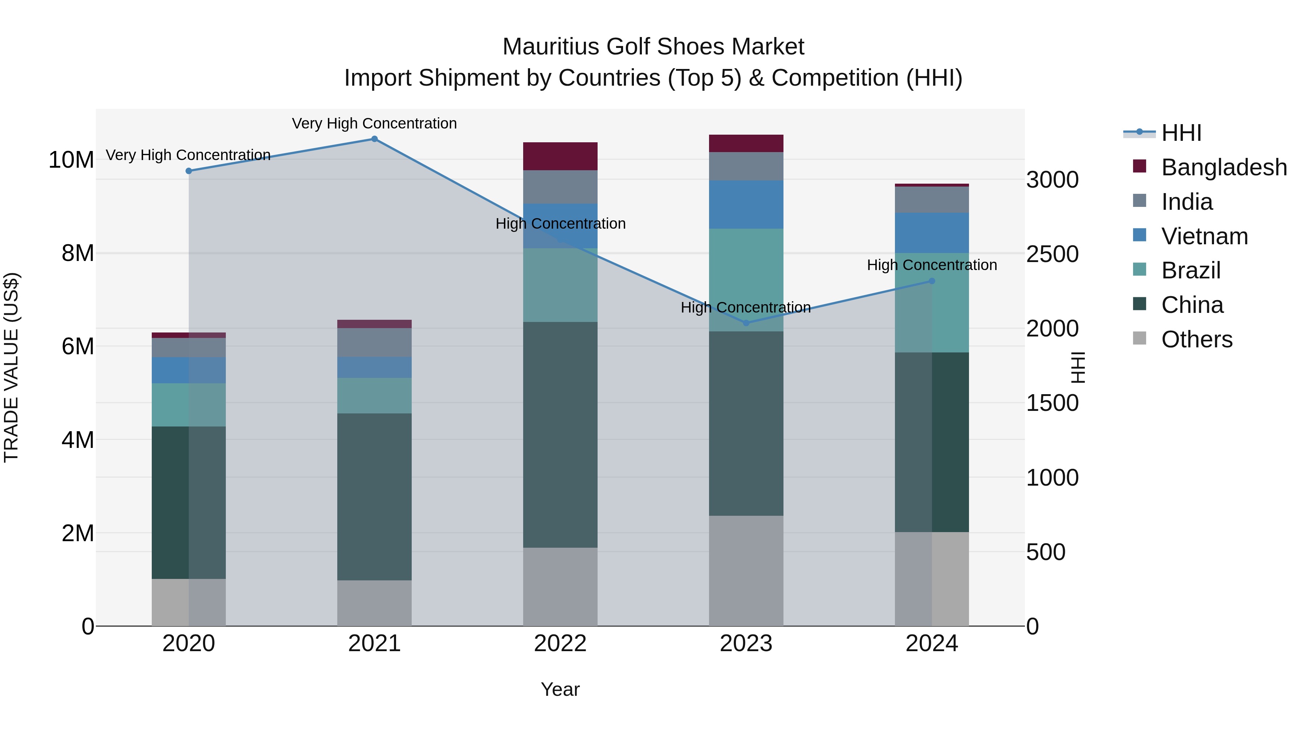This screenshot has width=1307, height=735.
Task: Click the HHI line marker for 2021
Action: pos(374,139)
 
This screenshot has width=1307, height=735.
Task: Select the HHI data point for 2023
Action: pos(746,323)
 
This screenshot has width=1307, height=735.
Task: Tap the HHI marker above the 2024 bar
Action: pos(932,281)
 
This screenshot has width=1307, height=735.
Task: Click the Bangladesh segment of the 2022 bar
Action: pos(560,156)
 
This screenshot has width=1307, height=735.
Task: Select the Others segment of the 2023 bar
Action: pos(746,571)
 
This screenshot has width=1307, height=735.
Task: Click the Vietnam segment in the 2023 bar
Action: pos(746,204)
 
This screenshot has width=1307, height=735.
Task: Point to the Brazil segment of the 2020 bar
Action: pos(189,405)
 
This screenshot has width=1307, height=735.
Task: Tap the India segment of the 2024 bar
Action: pos(932,200)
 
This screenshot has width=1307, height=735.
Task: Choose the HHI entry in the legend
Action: pos(1181,133)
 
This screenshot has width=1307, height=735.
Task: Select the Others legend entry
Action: pos(1196,339)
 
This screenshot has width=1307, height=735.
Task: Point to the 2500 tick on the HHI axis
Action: pos(1052,254)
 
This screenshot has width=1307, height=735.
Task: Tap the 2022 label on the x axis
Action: pos(560,644)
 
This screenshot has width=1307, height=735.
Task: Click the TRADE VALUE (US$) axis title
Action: pos(11,367)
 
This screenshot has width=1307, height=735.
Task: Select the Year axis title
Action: pos(560,689)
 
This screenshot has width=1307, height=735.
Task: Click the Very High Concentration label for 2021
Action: pos(374,123)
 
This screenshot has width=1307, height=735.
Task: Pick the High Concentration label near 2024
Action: pos(932,265)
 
